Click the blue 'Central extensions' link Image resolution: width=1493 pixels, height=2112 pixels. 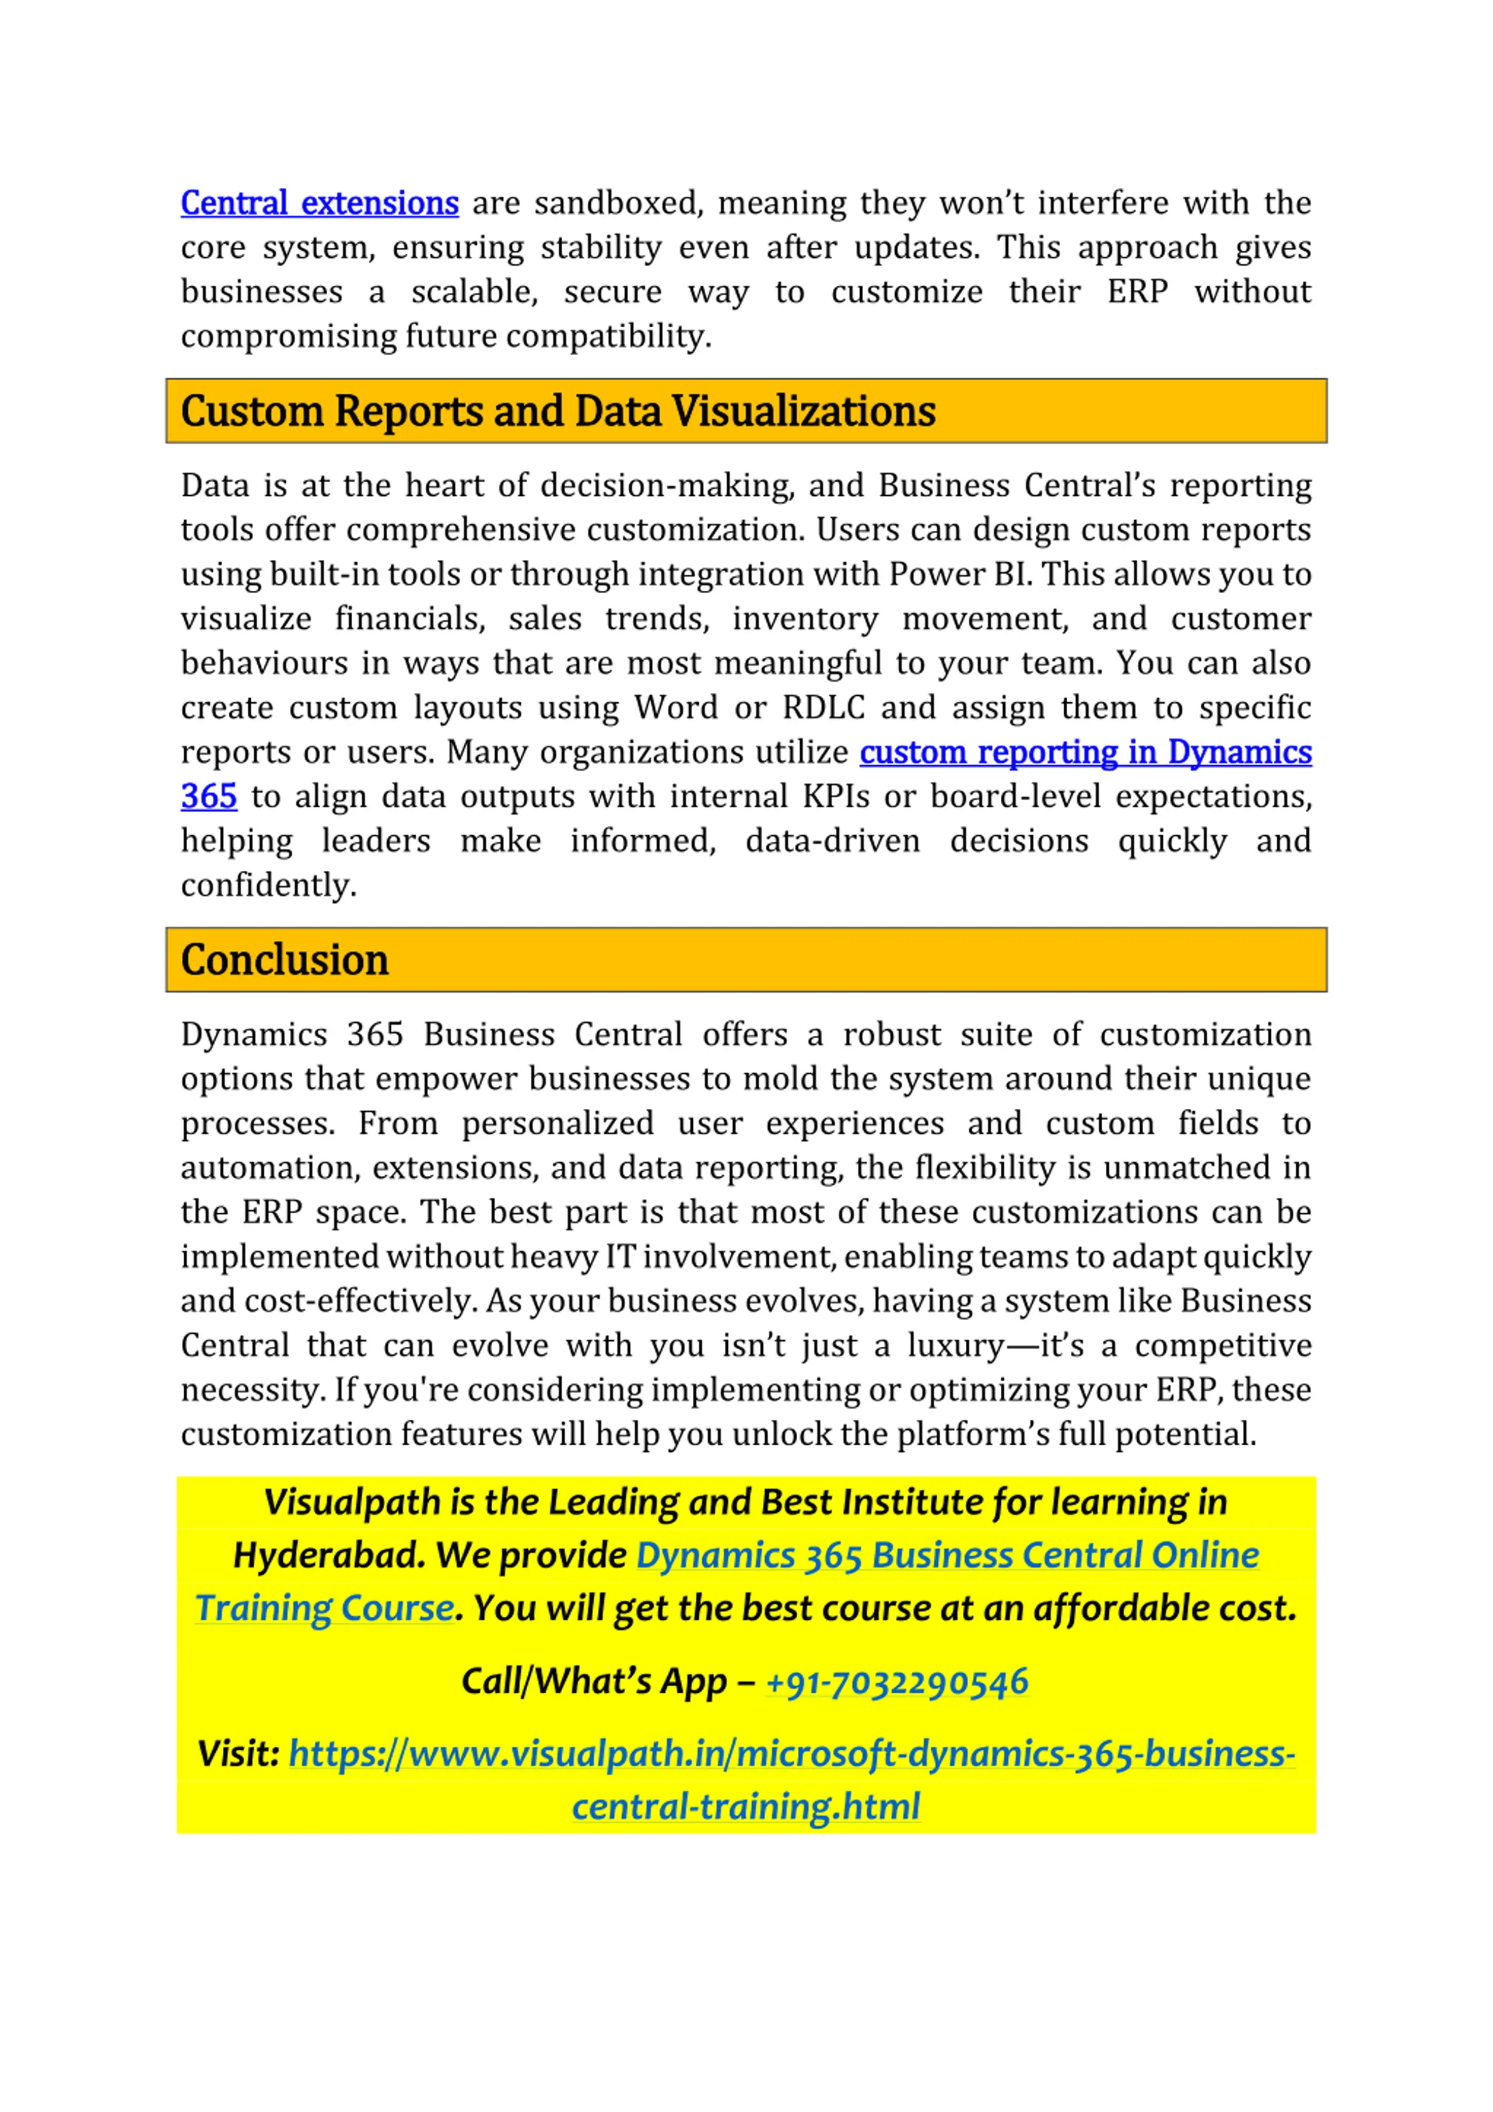tap(319, 204)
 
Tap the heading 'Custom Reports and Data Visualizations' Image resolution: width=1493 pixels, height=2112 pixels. tap(558, 411)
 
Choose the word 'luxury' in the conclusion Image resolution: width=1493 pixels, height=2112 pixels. tap(955, 1346)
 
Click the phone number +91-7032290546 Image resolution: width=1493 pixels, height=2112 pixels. tap(897, 1682)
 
